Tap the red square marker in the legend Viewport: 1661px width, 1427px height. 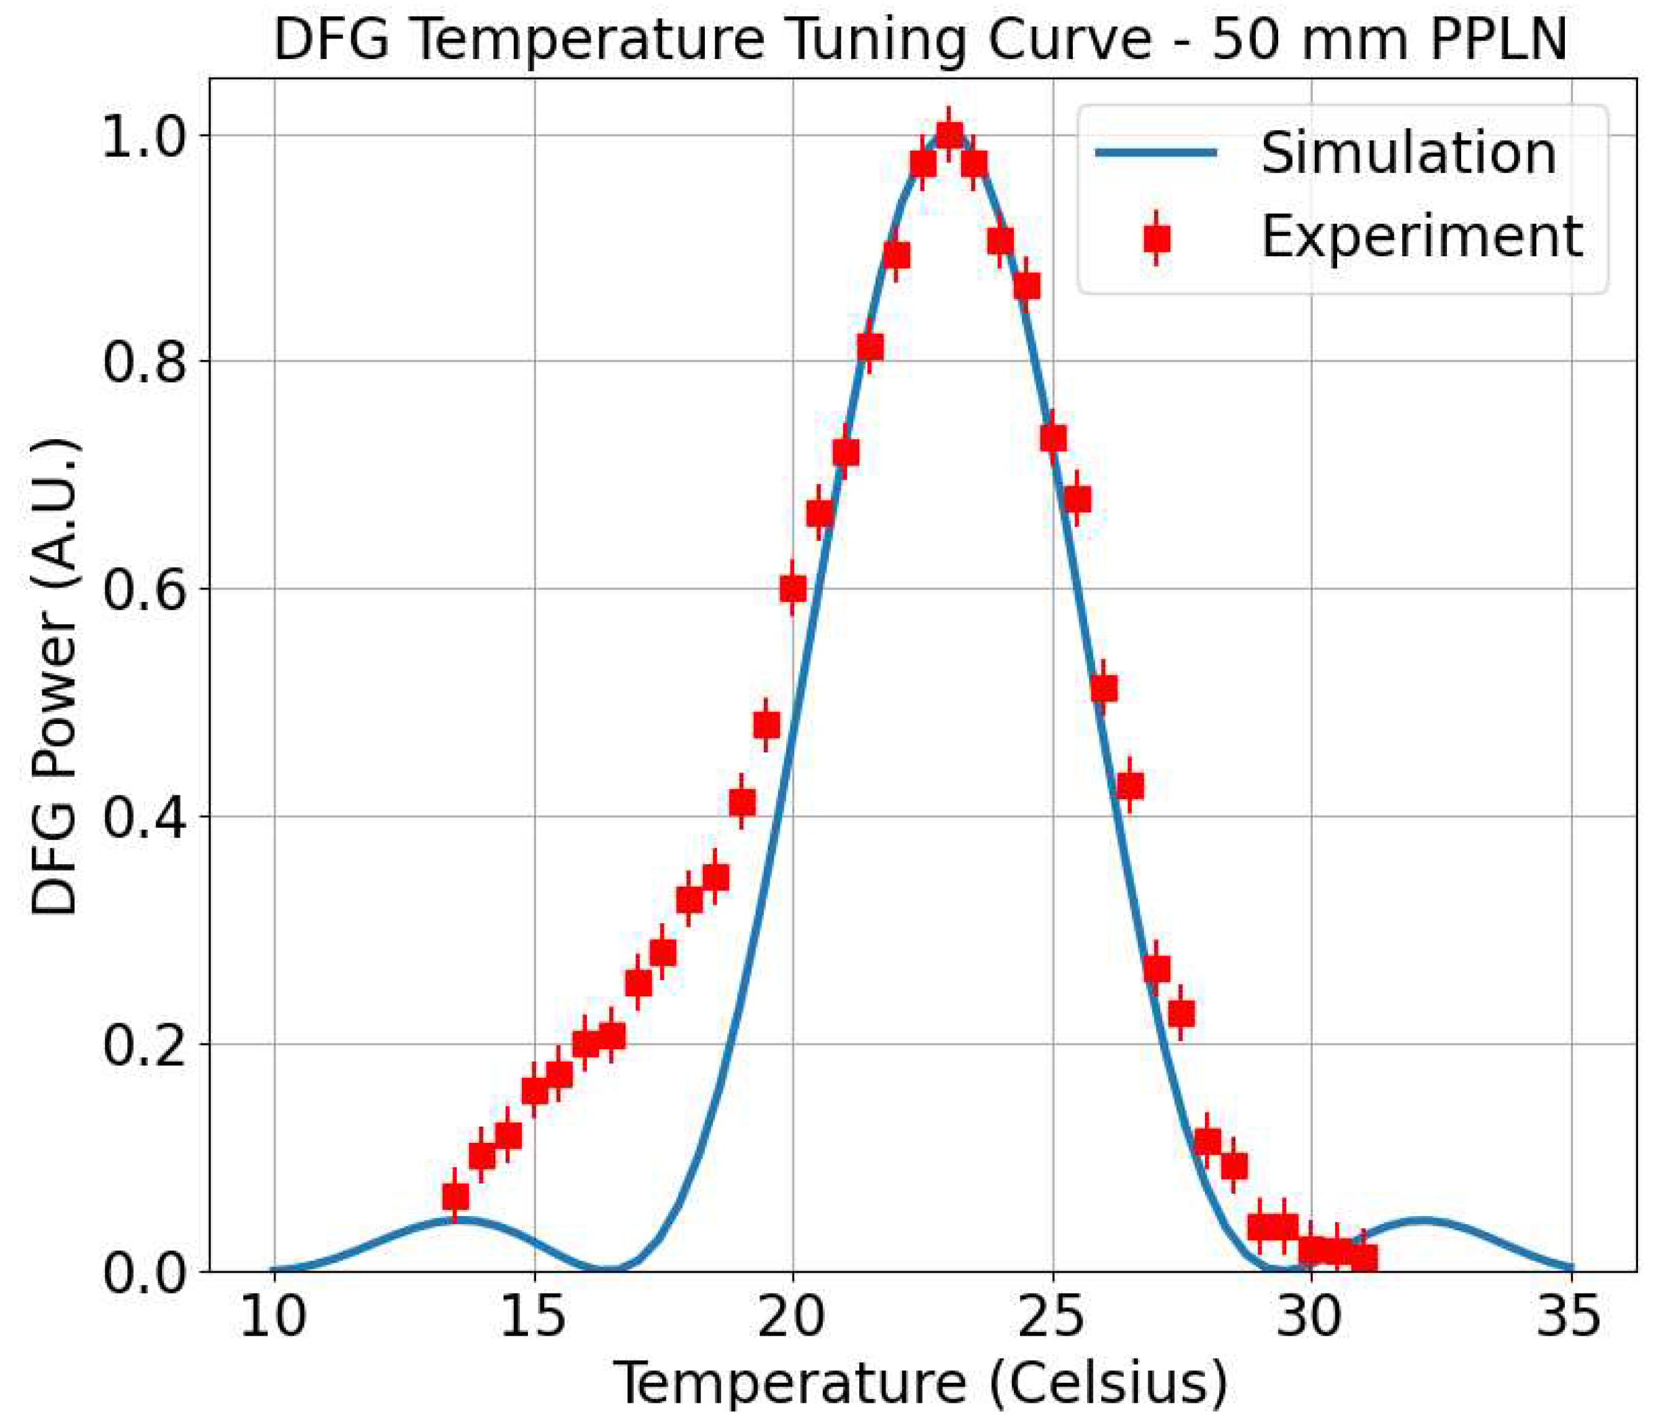(x=1157, y=238)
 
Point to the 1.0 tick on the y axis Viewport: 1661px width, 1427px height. (x=148, y=135)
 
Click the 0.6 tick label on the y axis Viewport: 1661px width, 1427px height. (x=148, y=589)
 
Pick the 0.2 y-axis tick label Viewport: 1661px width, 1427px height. (x=148, y=1045)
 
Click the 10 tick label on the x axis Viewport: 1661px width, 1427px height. (x=274, y=1317)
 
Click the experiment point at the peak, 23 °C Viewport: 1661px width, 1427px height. (x=949, y=135)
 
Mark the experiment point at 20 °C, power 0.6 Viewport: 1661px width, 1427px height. (x=793, y=589)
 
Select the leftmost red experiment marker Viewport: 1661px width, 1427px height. (x=455, y=1197)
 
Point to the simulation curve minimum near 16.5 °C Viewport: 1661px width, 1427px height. (x=611, y=1270)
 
